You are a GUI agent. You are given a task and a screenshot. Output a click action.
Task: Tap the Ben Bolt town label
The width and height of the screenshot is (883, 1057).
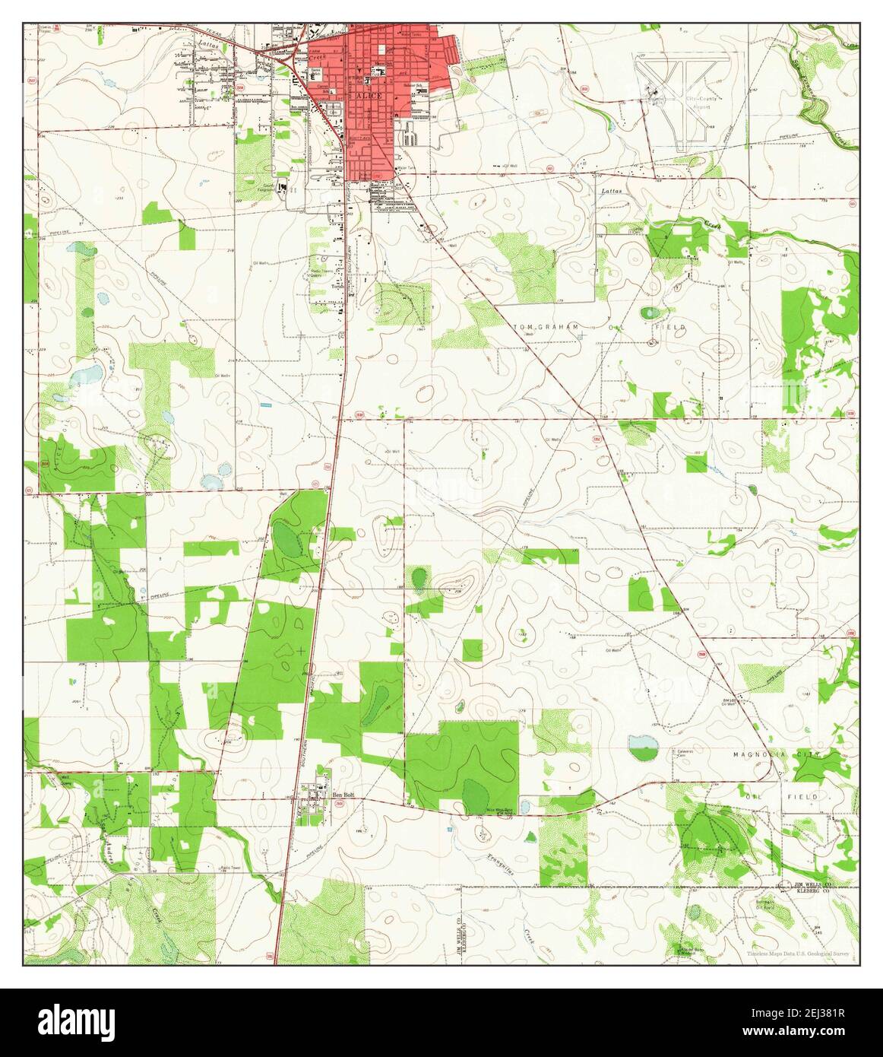point(343,795)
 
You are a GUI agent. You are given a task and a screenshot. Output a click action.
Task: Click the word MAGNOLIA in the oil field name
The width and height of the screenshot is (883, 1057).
point(756,754)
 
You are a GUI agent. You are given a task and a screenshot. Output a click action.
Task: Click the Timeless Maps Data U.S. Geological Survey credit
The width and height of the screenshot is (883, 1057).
point(798,953)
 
